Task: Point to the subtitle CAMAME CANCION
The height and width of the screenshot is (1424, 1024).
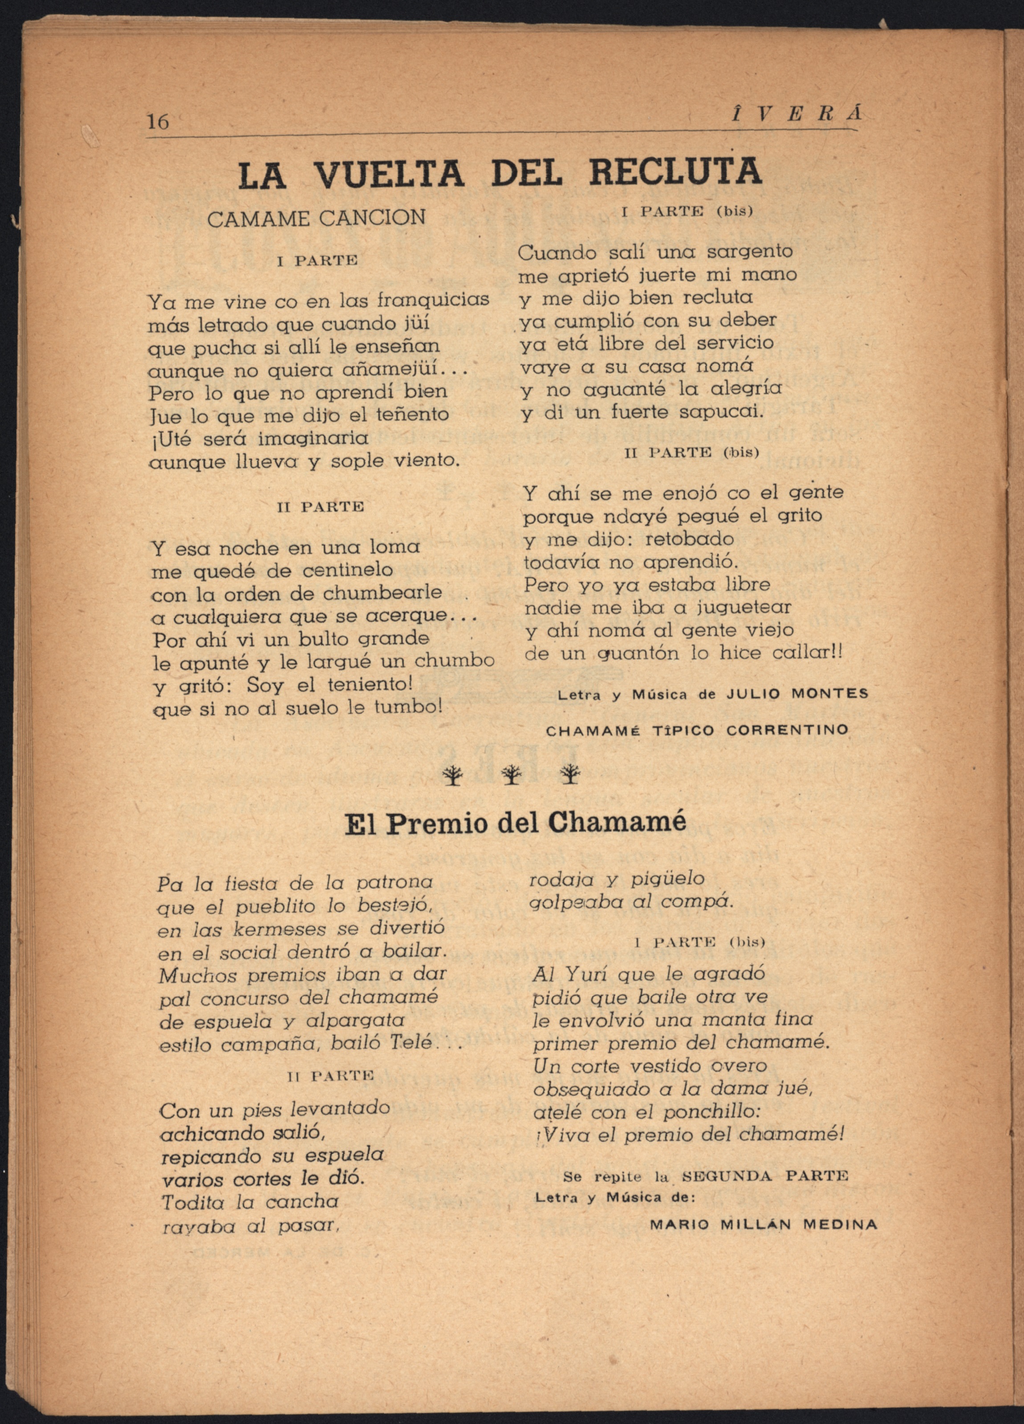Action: pyautogui.click(x=316, y=218)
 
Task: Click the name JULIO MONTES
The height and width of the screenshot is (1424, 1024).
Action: pyautogui.click(x=797, y=694)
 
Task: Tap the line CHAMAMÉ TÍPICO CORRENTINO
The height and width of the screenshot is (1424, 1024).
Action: pyautogui.click(x=697, y=730)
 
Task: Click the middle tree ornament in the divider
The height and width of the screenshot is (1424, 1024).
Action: pyautogui.click(x=512, y=776)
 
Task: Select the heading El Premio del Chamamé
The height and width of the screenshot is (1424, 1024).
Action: pyautogui.click(x=516, y=823)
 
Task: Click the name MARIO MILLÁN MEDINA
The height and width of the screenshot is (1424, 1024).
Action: pyautogui.click(x=763, y=1224)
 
